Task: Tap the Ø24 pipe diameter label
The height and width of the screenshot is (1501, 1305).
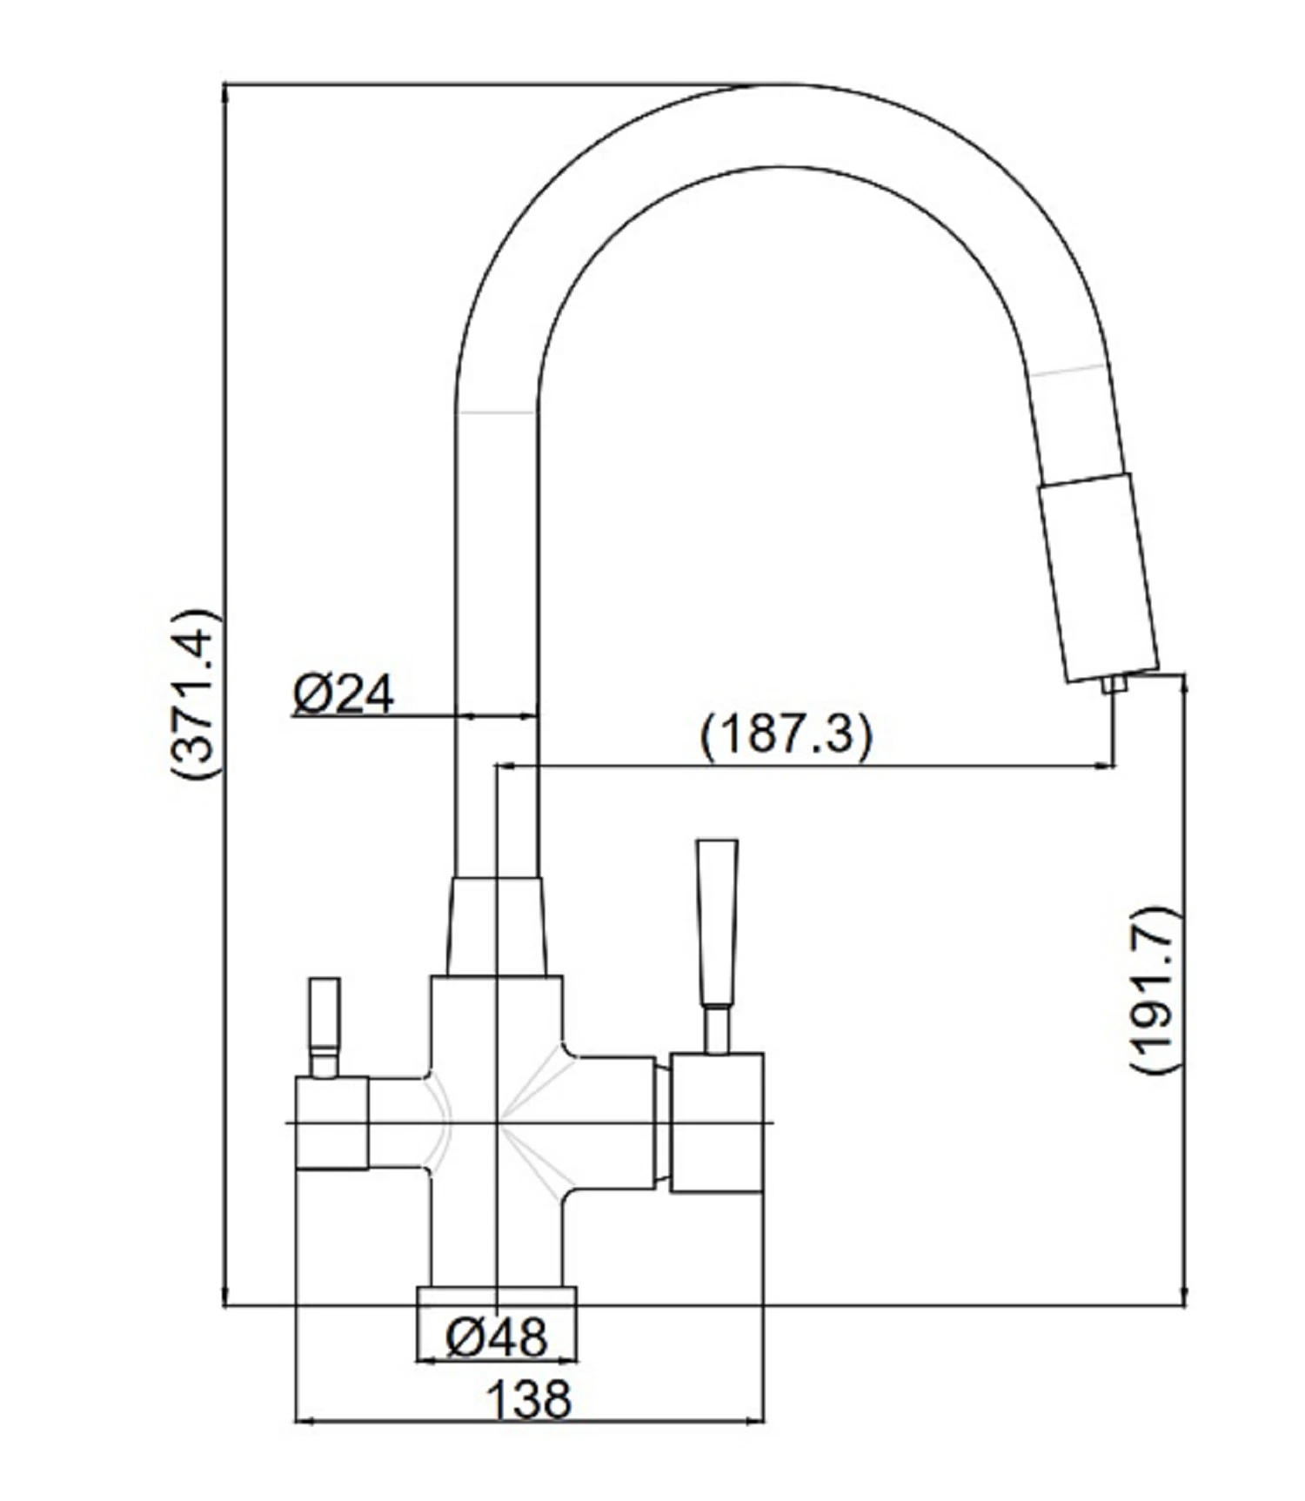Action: (343, 694)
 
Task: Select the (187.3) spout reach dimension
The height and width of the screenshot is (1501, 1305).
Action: (785, 735)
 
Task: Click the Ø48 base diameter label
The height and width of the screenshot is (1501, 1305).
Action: (497, 1337)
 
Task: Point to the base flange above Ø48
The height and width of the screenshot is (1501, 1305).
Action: (497, 1296)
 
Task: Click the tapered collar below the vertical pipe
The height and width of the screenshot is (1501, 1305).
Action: (497, 926)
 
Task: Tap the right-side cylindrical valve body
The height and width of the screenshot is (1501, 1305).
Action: (717, 1122)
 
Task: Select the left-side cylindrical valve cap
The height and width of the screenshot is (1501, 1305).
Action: (331, 1122)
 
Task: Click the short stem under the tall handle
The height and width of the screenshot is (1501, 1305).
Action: (717, 1029)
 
